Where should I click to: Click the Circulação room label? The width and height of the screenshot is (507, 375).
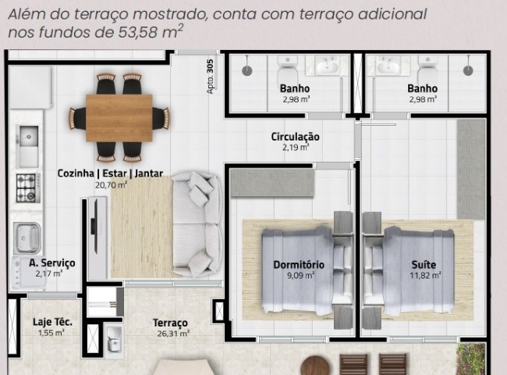tap(295, 137)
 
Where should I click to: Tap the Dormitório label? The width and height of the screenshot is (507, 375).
tap(294, 264)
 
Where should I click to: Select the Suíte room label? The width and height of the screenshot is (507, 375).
tap(424, 264)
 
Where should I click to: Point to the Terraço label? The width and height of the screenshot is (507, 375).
tap(170, 323)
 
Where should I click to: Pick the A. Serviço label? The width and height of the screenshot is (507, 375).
tap(51, 263)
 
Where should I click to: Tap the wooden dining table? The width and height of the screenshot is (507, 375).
tap(119, 117)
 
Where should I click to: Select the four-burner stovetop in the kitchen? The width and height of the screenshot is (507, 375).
tap(29, 187)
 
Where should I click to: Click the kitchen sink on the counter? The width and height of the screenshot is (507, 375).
tap(27, 135)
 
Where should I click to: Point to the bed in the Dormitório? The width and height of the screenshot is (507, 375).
tap(300, 266)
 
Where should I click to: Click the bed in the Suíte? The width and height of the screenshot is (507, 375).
tap(413, 266)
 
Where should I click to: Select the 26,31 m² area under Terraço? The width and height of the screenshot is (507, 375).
tap(170, 333)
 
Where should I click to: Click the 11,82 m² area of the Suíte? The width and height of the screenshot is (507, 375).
tap(425, 275)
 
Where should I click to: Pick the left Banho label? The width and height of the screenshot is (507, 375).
tap(293, 88)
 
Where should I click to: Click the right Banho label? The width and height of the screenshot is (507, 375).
tap(422, 88)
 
